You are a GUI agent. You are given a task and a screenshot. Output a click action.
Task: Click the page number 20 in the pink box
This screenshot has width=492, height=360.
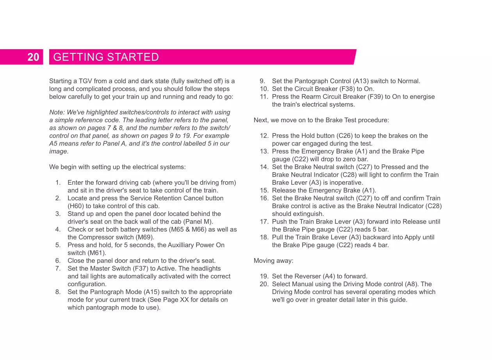click(33, 57)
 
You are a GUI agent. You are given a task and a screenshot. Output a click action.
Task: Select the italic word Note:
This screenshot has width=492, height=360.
click(57, 112)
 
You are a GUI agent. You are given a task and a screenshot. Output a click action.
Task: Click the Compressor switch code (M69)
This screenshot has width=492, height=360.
click(144, 237)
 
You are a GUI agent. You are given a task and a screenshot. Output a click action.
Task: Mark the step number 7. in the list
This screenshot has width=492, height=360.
click(58, 269)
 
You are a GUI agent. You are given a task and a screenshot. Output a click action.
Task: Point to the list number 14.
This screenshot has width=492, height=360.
click(264, 167)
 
